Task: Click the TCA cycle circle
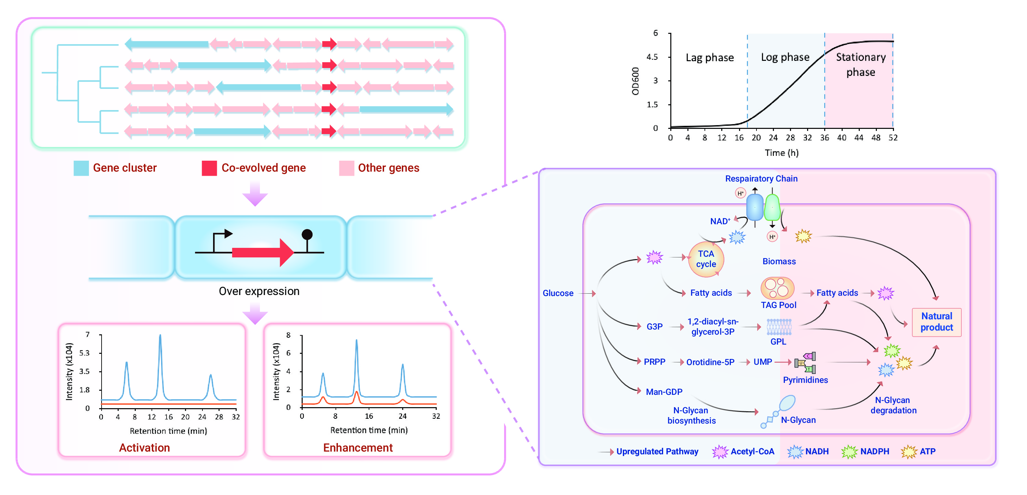point(706,259)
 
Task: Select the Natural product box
point(936,322)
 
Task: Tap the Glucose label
point(558,293)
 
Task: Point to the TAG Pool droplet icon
point(777,288)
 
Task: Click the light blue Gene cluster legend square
point(81,168)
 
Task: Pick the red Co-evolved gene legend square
point(209,168)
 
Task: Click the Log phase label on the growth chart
point(785,57)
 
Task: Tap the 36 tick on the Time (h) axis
point(824,137)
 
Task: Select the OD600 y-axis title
point(635,81)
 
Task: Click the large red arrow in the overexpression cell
point(263,252)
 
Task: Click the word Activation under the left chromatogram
point(144,447)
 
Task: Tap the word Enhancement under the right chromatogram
point(358,447)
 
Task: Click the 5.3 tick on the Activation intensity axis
point(84,353)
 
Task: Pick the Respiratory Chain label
point(761,178)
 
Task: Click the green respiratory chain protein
point(772,207)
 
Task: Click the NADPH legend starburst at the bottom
point(849,451)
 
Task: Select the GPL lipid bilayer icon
point(779,327)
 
